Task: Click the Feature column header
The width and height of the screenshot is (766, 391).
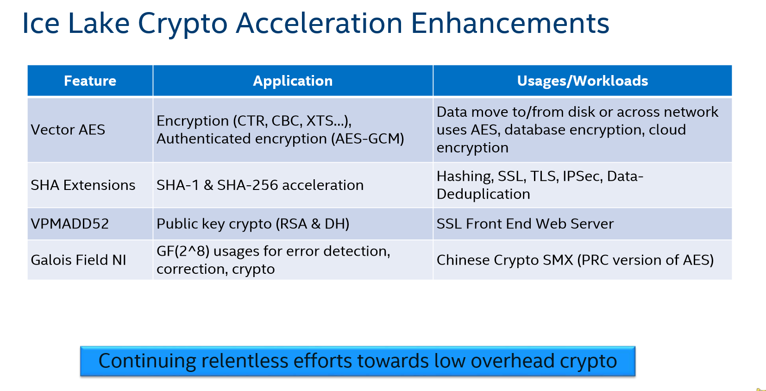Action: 90,81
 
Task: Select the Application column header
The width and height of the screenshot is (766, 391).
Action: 293,81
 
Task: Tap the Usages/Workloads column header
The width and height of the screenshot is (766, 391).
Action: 582,81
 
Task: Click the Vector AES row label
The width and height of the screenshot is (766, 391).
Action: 68,130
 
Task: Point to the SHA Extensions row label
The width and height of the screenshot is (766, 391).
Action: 83,185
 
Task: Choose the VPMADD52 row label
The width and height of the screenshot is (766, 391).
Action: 70,224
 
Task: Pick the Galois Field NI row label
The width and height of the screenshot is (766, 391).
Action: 78,260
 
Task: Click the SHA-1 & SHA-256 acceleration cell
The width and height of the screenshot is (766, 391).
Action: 260,185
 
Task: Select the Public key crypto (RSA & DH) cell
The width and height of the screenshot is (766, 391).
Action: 253,224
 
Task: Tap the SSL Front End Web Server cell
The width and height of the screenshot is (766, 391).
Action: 525,224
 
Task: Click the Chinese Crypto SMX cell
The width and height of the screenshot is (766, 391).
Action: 575,260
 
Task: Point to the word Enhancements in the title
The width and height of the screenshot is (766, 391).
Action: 510,23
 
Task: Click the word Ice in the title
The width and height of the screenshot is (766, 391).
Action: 41,23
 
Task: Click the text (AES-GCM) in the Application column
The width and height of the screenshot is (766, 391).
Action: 368,139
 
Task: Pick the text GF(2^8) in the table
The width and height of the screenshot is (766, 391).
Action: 183,251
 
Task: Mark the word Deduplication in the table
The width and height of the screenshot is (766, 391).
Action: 483,194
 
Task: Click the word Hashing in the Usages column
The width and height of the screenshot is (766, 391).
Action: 465,177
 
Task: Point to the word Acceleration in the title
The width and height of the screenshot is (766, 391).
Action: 319,23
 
